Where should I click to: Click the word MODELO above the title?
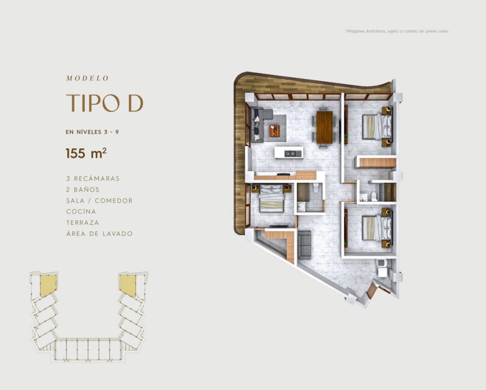[x=87, y=78]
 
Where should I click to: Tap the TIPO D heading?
[x=105, y=103]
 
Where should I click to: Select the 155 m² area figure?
[x=86, y=153]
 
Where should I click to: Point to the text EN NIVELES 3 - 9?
[x=93, y=132]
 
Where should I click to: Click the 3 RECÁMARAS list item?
[x=93, y=179]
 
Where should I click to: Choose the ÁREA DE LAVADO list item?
[x=100, y=233]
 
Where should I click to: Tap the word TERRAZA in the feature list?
[x=83, y=222]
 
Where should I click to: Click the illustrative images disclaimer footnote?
[x=397, y=31]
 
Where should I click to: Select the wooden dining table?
[x=325, y=127]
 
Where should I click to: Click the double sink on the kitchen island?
[x=290, y=153]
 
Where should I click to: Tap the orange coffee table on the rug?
[x=275, y=131]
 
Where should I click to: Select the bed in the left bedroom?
[x=272, y=199]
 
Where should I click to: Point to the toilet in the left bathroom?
[x=316, y=188]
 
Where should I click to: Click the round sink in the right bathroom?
[x=363, y=197]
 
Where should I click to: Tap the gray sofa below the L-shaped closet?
[x=304, y=245]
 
